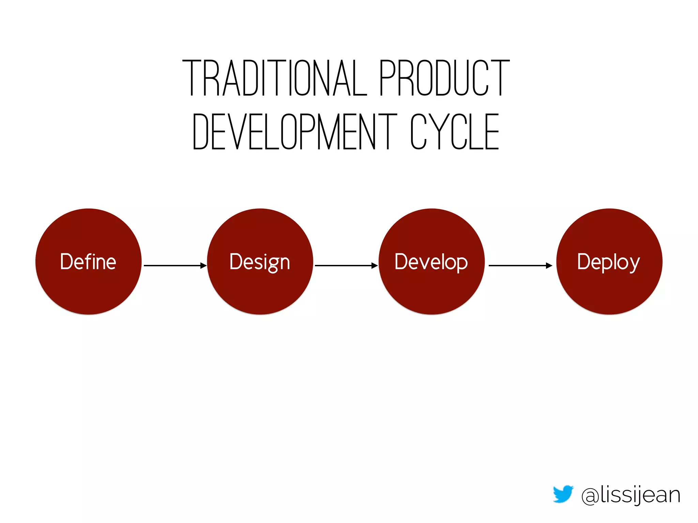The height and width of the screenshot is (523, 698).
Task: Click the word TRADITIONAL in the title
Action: pyautogui.click(x=275, y=78)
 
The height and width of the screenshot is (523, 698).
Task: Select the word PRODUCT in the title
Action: pyautogui.click(x=444, y=78)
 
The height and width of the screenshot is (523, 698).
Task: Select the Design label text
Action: pyautogui.click(x=260, y=262)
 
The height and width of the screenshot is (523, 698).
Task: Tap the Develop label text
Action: pyautogui.click(x=431, y=262)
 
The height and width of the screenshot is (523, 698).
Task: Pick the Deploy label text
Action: pyautogui.click(x=608, y=262)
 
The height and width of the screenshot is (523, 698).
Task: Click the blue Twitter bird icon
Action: pyautogui.click(x=563, y=494)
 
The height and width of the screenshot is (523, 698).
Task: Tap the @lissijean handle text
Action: pyautogui.click(x=631, y=495)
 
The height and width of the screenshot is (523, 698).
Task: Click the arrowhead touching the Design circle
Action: pyautogui.click(x=204, y=265)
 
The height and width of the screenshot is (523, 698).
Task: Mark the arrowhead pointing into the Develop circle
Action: pyautogui.click(x=375, y=265)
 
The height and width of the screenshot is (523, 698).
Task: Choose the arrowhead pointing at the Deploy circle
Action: pyautogui.click(x=549, y=265)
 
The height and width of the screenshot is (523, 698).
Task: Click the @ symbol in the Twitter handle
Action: pyautogui.click(x=590, y=496)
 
